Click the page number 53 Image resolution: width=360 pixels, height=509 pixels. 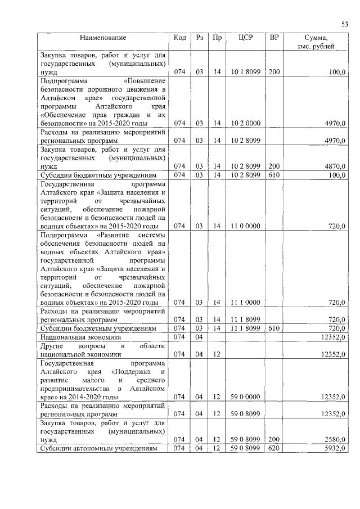tap(345, 24)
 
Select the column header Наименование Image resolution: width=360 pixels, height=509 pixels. tap(103, 38)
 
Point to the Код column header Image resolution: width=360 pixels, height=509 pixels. tap(180, 38)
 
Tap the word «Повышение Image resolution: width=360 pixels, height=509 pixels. tap(144, 80)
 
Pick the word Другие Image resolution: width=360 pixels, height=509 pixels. tap(52, 346)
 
